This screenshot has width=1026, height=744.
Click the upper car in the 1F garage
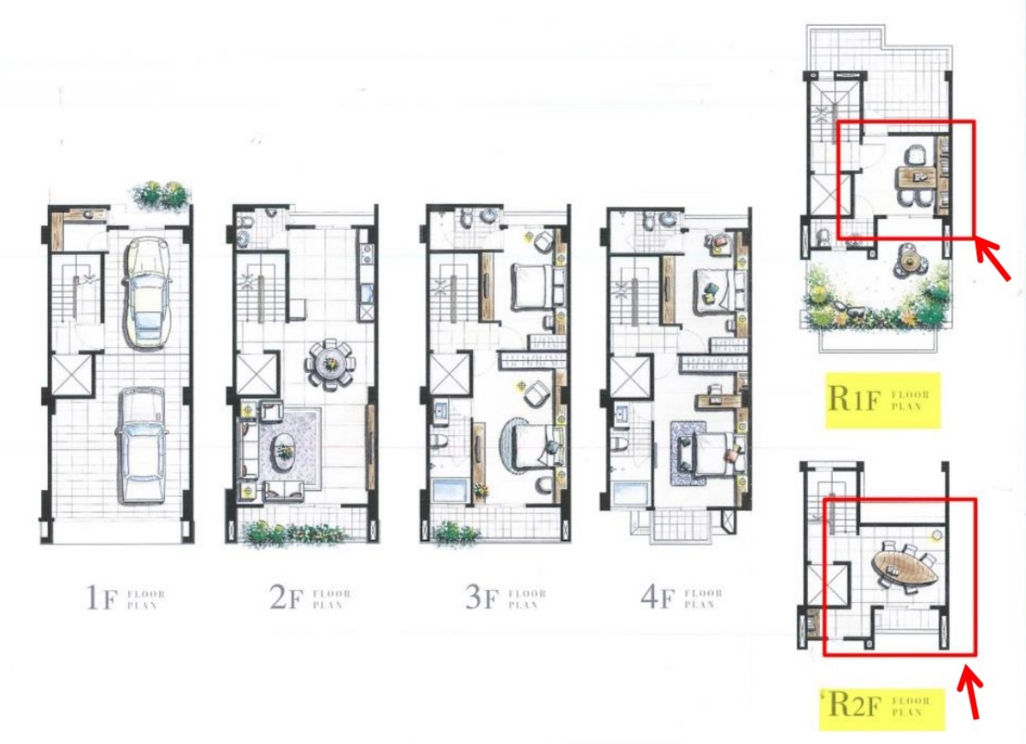(148, 292)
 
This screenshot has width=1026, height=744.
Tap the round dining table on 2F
(329, 363)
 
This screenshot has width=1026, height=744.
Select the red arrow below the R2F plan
(970, 693)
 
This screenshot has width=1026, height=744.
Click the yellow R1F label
(883, 399)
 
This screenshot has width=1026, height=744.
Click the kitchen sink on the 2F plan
(367, 293)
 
